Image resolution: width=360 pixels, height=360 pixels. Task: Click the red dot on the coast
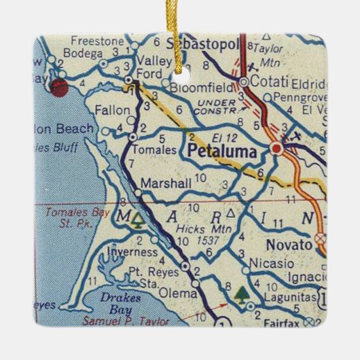click(x=59, y=87)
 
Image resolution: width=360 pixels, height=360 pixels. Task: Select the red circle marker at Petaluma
click(x=276, y=148)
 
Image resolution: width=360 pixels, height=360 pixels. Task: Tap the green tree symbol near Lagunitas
click(x=241, y=293)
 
